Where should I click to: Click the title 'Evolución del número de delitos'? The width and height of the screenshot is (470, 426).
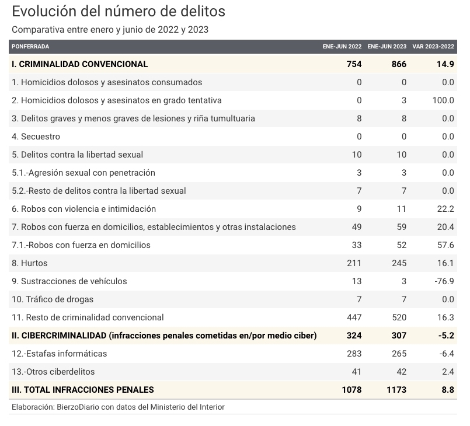click(119, 12)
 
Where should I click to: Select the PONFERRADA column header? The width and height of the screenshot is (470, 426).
click(30, 47)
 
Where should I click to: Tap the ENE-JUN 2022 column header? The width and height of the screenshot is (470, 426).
click(342, 47)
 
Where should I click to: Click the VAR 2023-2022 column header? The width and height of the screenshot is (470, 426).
click(433, 47)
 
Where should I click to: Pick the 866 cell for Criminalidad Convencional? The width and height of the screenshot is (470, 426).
click(399, 64)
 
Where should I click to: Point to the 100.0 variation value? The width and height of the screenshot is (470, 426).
click(443, 100)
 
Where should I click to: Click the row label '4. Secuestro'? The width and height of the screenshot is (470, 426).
click(36, 137)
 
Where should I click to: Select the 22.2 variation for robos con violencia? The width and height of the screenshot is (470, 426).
click(445, 209)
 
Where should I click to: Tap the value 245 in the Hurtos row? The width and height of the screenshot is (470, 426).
click(399, 263)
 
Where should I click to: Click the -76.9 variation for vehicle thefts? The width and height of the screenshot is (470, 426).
click(444, 281)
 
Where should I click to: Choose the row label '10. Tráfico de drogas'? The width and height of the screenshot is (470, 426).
click(53, 299)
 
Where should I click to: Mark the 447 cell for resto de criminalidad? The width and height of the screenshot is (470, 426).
click(354, 317)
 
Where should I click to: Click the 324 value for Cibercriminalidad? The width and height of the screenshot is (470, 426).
click(354, 336)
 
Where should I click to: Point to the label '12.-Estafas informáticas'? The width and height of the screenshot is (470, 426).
click(60, 354)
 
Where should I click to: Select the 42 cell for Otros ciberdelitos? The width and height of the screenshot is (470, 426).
click(402, 372)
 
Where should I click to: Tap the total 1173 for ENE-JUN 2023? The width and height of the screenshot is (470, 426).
click(396, 390)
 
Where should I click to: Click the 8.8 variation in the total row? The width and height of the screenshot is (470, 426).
click(448, 390)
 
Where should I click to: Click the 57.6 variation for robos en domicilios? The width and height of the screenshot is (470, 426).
click(445, 245)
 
